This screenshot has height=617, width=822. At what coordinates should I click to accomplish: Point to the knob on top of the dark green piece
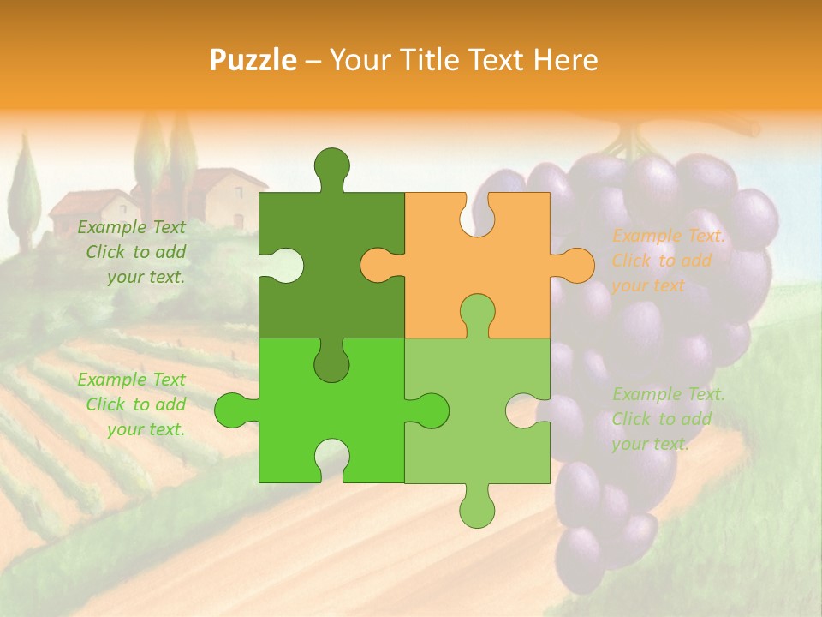pyautogui.click(x=331, y=166)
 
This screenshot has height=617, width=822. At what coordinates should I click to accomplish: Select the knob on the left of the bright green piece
pyautogui.click(x=233, y=410)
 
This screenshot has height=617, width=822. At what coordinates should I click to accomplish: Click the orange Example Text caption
pyautogui.click(x=669, y=261)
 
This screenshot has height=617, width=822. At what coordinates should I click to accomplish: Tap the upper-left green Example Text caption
pyautogui.click(x=132, y=252)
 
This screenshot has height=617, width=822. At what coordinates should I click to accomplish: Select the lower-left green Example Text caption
pyautogui.click(x=132, y=404)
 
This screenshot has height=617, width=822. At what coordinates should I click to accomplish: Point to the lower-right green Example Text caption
pyautogui.click(x=669, y=419)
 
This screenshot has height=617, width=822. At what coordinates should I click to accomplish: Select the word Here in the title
pyautogui.click(x=565, y=60)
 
